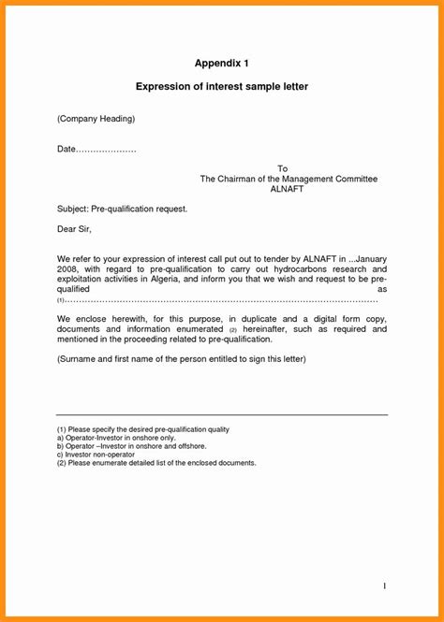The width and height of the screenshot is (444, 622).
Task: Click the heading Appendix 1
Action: (x=222, y=63)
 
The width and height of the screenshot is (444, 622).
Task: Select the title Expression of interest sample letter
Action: (x=222, y=87)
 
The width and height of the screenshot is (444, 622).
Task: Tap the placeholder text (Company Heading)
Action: (x=96, y=119)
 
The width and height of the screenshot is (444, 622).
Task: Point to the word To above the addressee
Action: (x=282, y=168)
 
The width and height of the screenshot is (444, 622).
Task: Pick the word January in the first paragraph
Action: (x=369, y=257)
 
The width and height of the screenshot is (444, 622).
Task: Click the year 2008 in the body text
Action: (x=67, y=268)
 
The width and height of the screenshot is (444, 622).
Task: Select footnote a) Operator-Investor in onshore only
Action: (x=115, y=438)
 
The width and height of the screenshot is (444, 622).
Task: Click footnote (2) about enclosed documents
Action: (x=155, y=463)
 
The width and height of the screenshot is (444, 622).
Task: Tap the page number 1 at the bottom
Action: (x=384, y=586)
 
